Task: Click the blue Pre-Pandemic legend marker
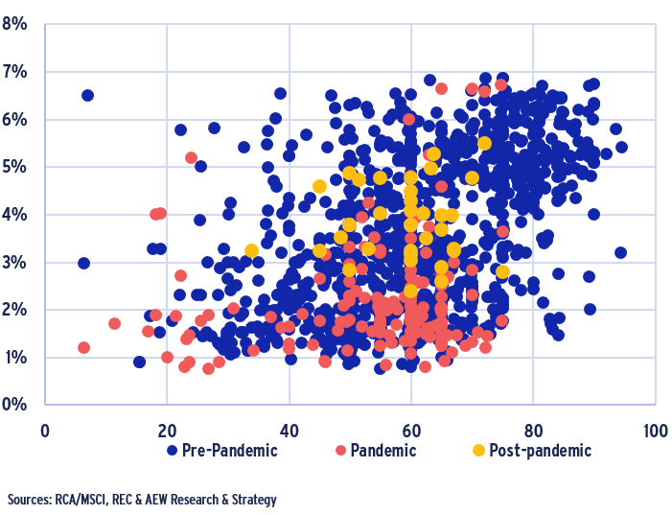pos(173,450)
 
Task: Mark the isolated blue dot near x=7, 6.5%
pos(87,95)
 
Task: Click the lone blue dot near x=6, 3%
pos(83,263)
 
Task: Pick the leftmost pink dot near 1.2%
pos(83,347)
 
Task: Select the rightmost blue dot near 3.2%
pos(620,252)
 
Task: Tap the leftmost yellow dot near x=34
pos(251,250)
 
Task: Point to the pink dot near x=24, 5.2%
pos(191,157)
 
